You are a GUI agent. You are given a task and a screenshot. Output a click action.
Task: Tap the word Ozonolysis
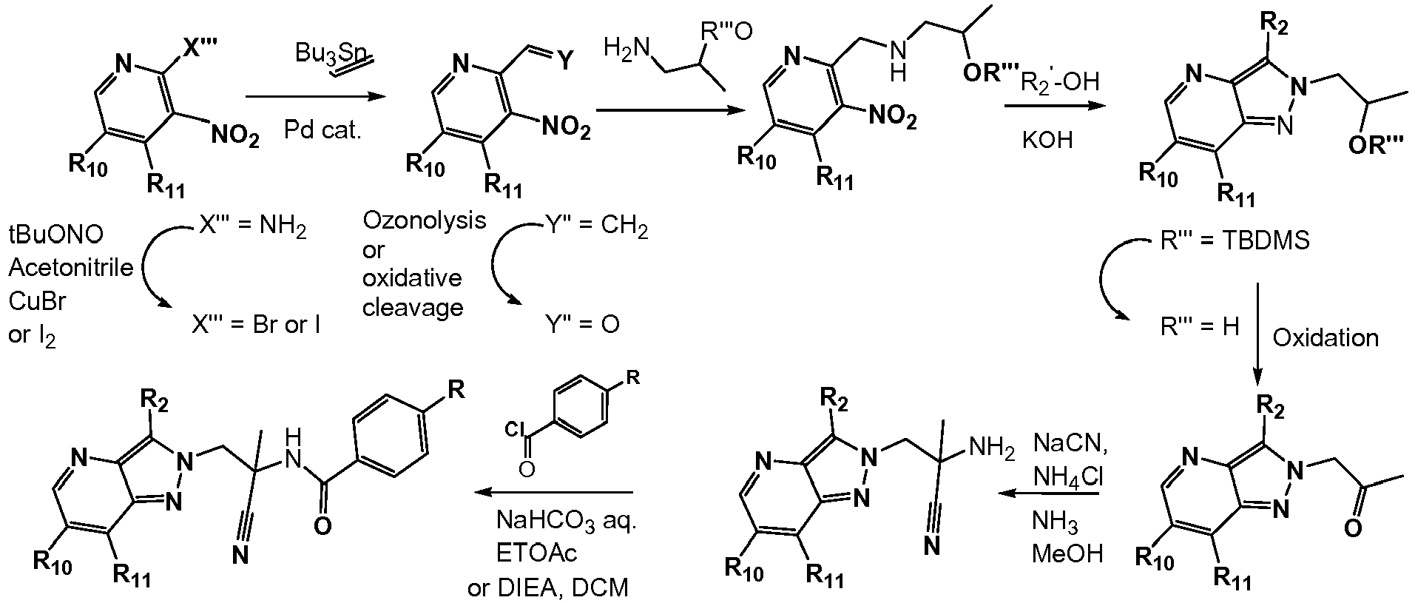(x=425, y=220)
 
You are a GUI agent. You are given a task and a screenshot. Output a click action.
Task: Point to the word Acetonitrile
(x=71, y=267)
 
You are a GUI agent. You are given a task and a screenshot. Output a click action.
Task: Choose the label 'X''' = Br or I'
(x=255, y=325)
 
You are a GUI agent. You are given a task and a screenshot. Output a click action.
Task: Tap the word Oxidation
(x=1325, y=338)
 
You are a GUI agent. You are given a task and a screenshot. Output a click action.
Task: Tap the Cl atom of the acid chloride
(x=516, y=428)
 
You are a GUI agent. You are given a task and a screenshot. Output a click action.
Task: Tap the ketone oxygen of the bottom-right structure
(x=1351, y=530)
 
